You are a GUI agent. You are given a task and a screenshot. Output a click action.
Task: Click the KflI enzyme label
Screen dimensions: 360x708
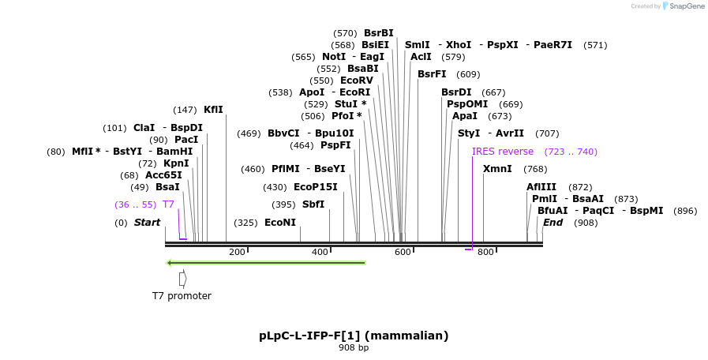pyautogui.click(x=213, y=110)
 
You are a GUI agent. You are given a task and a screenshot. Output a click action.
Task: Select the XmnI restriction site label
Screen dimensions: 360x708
pyautogui.click(x=497, y=169)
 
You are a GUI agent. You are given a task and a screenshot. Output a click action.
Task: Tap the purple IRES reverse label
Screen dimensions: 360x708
pyautogui.click(x=503, y=152)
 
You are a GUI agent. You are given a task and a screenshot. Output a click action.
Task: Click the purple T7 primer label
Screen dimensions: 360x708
pyautogui.click(x=168, y=204)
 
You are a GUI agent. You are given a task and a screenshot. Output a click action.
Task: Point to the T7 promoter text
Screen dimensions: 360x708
pyautogui.click(x=182, y=296)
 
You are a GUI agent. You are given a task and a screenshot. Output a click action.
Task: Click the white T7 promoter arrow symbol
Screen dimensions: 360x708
pyautogui.click(x=182, y=279)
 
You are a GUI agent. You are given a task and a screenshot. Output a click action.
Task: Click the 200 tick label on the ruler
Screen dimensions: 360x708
pyautogui.click(x=237, y=252)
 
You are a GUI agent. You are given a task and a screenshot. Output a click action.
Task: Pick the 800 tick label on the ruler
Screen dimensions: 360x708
pyautogui.click(x=485, y=252)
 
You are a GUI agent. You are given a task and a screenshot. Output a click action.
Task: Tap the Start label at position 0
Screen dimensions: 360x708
pyautogui.click(x=147, y=223)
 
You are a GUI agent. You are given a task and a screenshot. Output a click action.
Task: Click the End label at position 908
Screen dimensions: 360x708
pyautogui.click(x=553, y=223)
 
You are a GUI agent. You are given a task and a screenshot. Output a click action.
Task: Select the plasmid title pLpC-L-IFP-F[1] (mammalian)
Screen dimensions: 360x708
pyautogui.click(x=354, y=336)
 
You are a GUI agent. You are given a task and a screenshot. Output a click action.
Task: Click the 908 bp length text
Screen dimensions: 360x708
pyautogui.click(x=354, y=347)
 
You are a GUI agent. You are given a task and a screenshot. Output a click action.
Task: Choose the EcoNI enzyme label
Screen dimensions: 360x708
pyautogui.click(x=280, y=223)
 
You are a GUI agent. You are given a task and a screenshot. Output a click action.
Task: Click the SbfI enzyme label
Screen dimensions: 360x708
pyautogui.click(x=313, y=204)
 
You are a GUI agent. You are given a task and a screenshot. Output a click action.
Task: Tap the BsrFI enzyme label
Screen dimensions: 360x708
pyautogui.click(x=432, y=74)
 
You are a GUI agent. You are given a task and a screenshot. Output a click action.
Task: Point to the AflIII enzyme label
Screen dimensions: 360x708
pyautogui.click(x=541, y=187)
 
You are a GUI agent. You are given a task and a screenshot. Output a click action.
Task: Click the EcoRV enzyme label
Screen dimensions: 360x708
pyautogui.click(x=357, y=81)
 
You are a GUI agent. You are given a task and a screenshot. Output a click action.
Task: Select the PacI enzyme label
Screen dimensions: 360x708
pyautogui.click(x=186, y=140)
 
